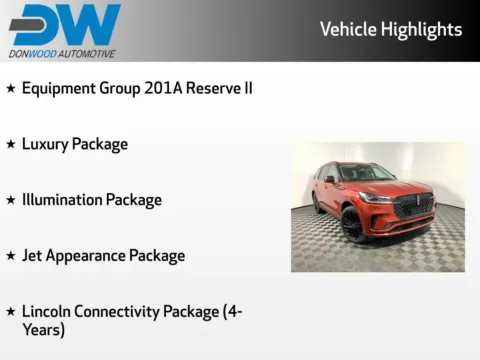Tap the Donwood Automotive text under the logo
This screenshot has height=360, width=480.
pos(62,53)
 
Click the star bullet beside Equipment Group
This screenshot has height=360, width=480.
pos(11,88)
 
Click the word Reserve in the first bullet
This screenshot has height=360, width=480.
pos(214,88)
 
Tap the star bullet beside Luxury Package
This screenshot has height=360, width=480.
pos(11,144)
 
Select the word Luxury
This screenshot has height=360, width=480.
pos(46,144)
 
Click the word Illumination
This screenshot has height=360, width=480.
pos(62,200)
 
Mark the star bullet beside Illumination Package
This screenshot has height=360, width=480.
pos(11,200)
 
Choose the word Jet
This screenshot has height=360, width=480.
pos(33,256)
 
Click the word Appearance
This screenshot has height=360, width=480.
pos(85,256)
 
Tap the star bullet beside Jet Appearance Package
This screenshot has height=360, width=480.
pos(11,256)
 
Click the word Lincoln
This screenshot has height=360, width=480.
pos(49,312)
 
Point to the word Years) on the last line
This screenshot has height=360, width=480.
pos(43,329)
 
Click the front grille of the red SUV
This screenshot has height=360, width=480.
pos(412,206)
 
